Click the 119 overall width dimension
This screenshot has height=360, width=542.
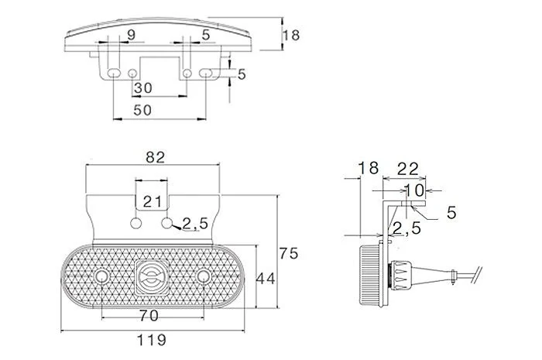152,340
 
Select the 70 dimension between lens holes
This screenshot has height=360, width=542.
149,315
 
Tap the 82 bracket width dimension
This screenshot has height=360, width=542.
155,157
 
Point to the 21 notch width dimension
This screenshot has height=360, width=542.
152,201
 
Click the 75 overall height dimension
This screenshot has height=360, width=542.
289,253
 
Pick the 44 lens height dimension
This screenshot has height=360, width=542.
265,279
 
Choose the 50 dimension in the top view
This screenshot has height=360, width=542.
142,110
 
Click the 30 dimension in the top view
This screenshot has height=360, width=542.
143,88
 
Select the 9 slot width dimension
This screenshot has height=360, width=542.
132,35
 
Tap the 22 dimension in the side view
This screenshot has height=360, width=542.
408,169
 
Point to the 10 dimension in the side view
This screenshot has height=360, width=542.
413,190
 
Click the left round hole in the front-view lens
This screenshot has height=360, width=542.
101,276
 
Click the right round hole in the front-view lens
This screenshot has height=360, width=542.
203,276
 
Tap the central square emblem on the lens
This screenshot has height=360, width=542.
152,276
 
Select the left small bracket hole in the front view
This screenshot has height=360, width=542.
136,223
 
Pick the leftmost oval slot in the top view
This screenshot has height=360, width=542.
114,73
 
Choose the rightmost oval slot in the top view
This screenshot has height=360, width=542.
206,73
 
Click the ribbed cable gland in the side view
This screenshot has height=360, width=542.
400,275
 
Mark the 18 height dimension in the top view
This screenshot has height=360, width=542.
291,36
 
